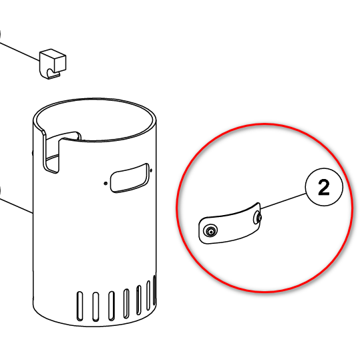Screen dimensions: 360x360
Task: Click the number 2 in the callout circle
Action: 324,187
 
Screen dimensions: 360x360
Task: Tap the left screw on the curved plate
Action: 210,231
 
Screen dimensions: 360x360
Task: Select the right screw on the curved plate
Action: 258,218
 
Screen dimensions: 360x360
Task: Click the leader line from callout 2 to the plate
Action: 283,201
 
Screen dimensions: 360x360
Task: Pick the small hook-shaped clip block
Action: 53,64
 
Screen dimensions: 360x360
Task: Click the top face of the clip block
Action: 53,53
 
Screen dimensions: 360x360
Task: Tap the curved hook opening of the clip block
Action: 51,72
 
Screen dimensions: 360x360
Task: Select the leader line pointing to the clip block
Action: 19,51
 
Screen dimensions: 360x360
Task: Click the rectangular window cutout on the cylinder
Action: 130,178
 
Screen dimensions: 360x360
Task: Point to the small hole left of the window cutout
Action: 106,183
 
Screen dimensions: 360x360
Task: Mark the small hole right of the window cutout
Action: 151,170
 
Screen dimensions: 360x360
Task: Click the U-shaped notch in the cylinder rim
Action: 51,152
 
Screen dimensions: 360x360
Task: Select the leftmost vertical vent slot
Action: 79,306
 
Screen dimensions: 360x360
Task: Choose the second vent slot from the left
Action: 96,307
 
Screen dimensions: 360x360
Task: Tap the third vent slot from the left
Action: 112,306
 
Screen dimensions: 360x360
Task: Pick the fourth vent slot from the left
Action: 126,303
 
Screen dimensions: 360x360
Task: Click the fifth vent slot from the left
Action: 139,300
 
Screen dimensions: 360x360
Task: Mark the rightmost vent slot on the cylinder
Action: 154,290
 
